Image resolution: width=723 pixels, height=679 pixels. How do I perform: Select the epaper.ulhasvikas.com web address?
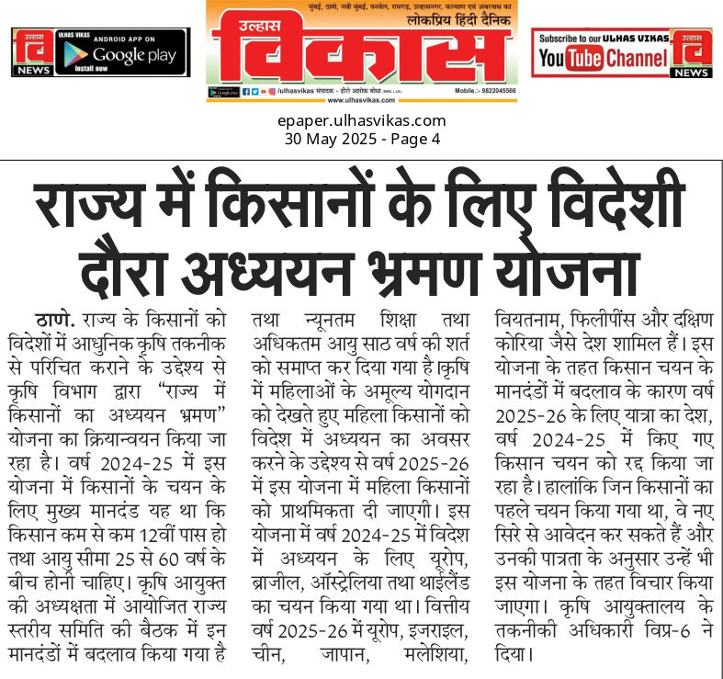(x=361, y=120)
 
